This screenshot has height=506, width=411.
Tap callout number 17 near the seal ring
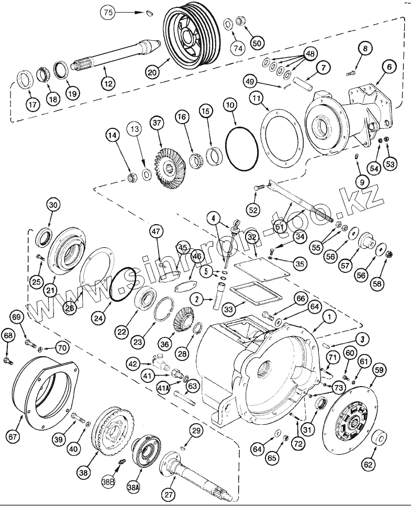[33, 104]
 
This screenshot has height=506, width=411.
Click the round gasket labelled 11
[283, 134]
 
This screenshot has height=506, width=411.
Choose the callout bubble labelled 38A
[133, 487]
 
